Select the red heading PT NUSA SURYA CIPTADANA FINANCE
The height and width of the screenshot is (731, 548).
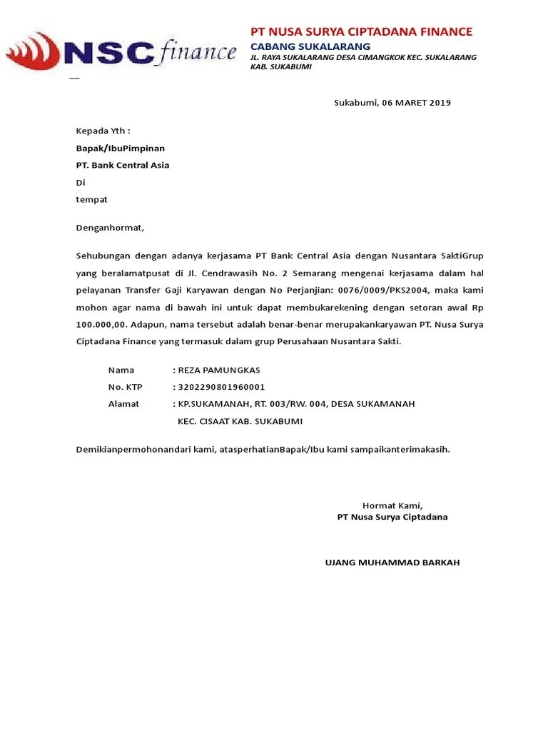(x=361, y=31)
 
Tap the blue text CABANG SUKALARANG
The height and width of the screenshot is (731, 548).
(x=310, y=46)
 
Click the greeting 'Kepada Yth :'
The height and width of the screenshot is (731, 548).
(x=103, y=131)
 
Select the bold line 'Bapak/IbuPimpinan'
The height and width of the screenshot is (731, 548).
(x=121, y=148)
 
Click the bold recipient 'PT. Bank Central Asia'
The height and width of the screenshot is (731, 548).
(x=123, y=166)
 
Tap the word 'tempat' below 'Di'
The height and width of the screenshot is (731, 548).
(x=92, y=200)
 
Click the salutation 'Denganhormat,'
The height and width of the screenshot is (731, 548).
(x=110, y=228)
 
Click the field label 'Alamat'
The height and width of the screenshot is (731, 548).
(x=123, y=404)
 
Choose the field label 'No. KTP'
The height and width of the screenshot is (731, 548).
(x=126, y=387)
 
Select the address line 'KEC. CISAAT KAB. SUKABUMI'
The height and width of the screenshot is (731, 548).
(x=240, y=421)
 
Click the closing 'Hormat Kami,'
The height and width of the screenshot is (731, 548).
(x=392, y=505)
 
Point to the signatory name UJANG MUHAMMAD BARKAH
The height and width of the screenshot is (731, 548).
(x=392, y=563)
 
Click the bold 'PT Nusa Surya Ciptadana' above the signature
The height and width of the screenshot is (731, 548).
(x=392, y=517)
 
